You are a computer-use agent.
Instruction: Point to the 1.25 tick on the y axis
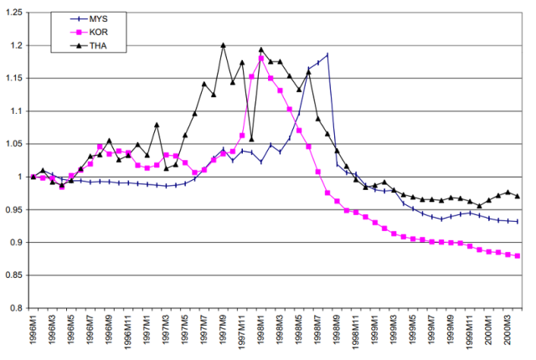(14, 13)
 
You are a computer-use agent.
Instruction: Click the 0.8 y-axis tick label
(17, 308)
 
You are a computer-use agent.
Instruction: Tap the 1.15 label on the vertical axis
(14, 79)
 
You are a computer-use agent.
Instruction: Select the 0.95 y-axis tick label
(14, 210)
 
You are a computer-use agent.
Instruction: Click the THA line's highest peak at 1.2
(224, 45)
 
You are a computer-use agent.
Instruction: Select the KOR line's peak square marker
(261, 59)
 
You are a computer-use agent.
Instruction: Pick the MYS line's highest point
(327, 54)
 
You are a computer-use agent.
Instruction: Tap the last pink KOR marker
(518, 256)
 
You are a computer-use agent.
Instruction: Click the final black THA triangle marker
(518, 196)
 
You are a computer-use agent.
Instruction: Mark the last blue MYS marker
(518, 221)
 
